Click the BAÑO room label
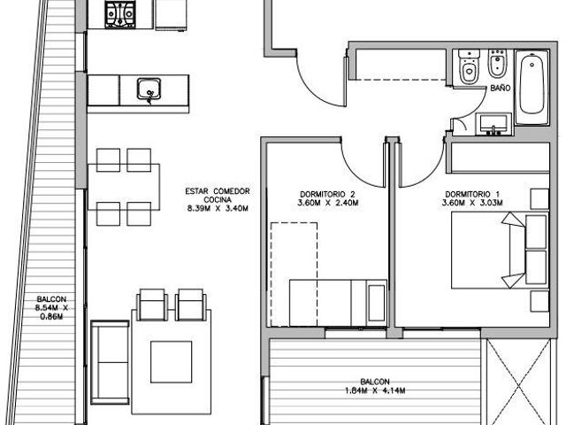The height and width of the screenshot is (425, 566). click(x=500, y=88)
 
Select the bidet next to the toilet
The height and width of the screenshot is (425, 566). click(x=498, y=64)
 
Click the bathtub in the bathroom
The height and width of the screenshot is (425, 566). click(x=532, y=88)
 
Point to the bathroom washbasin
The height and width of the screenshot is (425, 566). click(x=493, y=124)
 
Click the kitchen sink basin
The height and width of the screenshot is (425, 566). click(x=149, y=89)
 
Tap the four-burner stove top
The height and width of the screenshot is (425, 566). click(x=120, y=14)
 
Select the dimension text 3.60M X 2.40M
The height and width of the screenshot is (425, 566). click(x=328, y=203)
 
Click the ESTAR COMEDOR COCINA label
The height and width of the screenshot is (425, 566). click(x=218, y=195)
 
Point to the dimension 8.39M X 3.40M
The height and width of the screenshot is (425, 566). click(x=218, y=208)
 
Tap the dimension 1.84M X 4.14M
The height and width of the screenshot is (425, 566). click(x=375, y=390)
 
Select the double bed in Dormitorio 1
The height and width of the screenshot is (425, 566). click(x=500, y=250)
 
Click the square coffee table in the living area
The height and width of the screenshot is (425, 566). click(x=171, y=362)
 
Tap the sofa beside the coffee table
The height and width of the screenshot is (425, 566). click(x=110, y=362)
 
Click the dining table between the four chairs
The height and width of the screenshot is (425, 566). click(x=124, y=187)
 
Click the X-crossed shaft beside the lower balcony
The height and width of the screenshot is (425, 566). click(x=518, y=382)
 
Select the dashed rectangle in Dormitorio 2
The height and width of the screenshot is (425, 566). click(x=294, y=274)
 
